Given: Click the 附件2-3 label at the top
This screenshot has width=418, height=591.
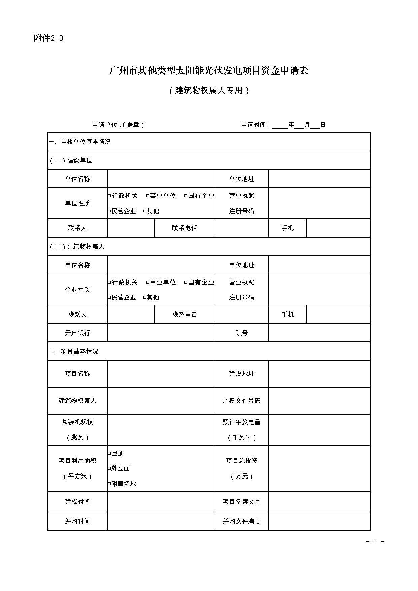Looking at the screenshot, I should (x=49, y=38).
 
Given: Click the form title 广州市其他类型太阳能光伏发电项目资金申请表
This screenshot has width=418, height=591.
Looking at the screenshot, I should (x=209, y=71).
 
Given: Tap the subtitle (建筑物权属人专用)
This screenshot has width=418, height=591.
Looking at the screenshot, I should (x=209, y=91).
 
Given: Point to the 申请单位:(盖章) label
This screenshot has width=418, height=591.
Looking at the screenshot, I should (x=118, y=125).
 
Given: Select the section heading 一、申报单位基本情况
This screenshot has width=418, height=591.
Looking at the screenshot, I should (x=80, y=142).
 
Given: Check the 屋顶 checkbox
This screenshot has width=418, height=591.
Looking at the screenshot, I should (x=109, y=454).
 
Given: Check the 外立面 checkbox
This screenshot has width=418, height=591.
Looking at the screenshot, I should (x=109, y=469).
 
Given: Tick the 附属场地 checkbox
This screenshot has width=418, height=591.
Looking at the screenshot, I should (x=109, y=484).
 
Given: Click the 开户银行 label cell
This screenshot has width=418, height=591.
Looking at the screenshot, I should (x=77, y=333).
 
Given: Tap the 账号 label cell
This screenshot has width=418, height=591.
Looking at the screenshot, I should (x=242, y=333).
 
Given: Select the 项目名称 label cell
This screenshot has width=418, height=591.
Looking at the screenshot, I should (x=77, y=374).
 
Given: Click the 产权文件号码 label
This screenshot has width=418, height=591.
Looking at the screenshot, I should (x=242, y=401).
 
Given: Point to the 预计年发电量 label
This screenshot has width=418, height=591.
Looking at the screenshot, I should (x=242, y=422).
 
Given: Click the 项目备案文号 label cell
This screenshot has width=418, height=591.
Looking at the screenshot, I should (x=242, y=502).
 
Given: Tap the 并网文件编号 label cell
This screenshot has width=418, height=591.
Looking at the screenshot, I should (x=242, y=521).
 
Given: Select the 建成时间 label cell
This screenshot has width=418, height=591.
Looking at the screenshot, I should (x=77, y=502).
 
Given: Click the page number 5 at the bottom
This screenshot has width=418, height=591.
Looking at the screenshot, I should (x=375, y=542).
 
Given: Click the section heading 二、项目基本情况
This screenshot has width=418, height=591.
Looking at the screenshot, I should (x=73, y=351).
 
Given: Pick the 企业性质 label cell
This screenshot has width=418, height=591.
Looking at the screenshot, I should (x=77, y=290).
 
